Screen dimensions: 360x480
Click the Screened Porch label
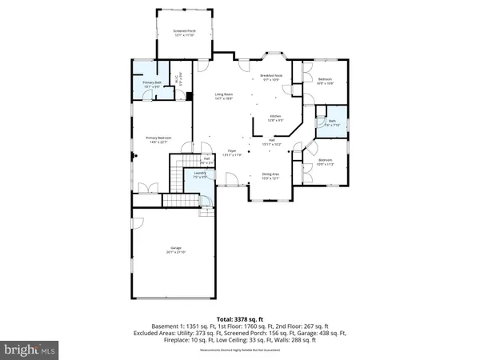(183, 33)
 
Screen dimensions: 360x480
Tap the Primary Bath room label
(153, 83)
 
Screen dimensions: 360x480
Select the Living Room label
(223, 97)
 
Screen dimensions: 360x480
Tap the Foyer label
(232, 152)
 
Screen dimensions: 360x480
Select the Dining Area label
(270, 175)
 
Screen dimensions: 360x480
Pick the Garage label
(175, 250)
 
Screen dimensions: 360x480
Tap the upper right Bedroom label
(325, 81)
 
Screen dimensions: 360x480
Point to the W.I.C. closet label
(182, 80)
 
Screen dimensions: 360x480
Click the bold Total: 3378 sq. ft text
(239, 318)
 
